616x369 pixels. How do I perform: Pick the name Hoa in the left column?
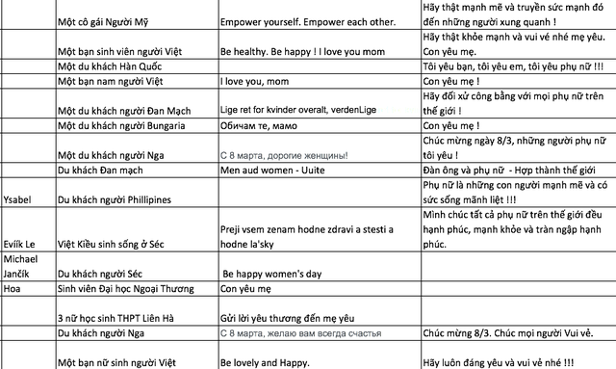pyautogui.click(x=13, y=286)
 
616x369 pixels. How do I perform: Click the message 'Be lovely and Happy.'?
pyautogui.click(x=266, y=361)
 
